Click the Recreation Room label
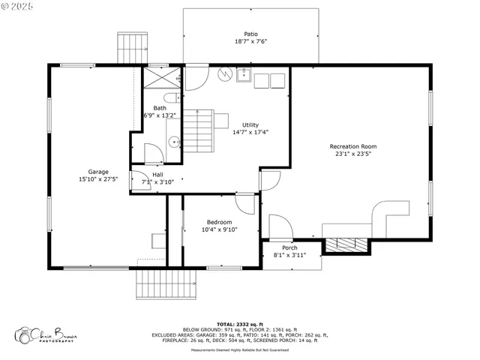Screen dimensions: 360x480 [352, 146]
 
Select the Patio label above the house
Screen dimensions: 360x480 [250, 34]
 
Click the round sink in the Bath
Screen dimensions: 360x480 [172, 140]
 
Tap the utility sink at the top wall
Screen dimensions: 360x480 [244, 74]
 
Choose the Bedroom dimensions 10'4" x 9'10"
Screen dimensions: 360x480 [219, 230]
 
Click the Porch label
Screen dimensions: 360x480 [289, 247]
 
